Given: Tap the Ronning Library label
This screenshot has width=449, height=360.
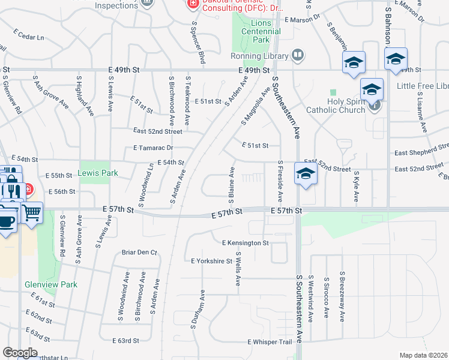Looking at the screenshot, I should tap(259, 56).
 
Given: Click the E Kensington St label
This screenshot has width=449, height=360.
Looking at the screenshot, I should tap(245, 243).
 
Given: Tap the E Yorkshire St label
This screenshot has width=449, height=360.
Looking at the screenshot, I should tap(211, 261).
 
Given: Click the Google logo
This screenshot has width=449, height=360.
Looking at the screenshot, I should tap(20, 352).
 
